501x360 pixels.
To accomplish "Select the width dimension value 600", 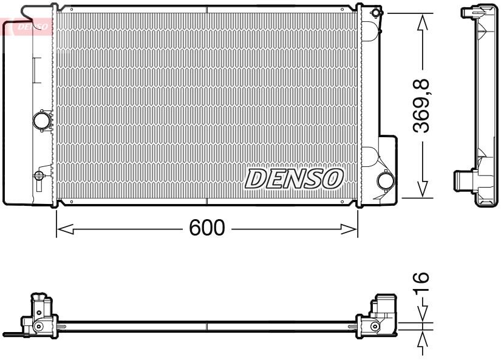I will coord(207,228).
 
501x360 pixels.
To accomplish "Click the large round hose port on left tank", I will coord(42,120).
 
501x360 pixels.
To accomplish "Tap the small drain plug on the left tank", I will coord(39,176).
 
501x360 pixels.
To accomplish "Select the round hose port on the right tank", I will coord(385,180).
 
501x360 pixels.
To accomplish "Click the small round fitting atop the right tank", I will coord(377,12).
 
